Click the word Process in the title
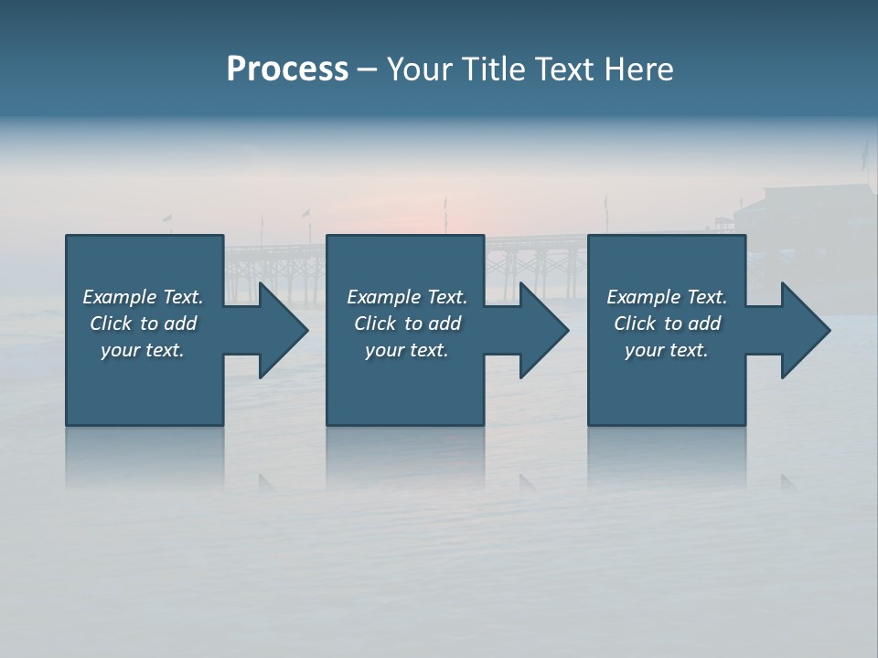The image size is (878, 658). (287, 69)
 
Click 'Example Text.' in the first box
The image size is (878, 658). (143, 297)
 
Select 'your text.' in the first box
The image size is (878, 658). (143, 350)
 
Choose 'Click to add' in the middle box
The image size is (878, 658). (407, 324)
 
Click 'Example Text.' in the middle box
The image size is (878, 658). (407, 297)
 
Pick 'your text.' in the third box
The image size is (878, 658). (667, 350)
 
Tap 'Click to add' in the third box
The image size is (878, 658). (667, 324)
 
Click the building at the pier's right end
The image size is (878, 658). (796, 210)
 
